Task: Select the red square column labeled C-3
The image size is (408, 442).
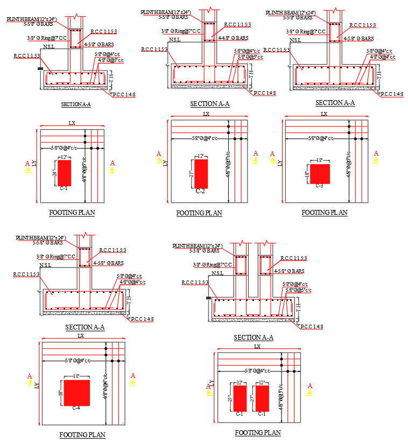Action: [320, 174]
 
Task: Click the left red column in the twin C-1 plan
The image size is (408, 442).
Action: [240, 398]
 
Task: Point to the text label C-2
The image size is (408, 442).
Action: [200, 191]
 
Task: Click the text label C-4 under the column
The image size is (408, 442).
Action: [76, 409]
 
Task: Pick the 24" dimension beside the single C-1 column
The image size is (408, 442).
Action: [54, 173]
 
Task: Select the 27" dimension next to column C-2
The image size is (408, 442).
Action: [191, 173]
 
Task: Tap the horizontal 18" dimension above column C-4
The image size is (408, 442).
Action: [76, 376]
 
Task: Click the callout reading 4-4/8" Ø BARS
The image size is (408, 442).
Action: [233, 38]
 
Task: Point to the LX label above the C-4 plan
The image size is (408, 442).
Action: [81, 336]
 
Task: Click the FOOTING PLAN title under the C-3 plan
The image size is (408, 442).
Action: [324, 213]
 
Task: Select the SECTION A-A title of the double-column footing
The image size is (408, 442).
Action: [254, 338]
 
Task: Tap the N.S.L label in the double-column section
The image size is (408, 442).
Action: [217, 273]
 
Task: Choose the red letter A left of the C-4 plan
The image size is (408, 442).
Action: [30, 376]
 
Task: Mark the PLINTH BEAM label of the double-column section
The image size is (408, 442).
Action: [197, 246]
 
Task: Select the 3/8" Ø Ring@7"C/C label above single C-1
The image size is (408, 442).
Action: [47, 38]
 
